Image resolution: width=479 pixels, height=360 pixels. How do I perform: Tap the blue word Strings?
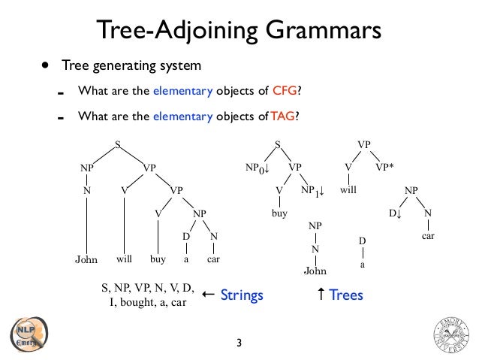[x=242, y=295]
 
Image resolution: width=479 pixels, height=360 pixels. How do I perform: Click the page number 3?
[x=239, y=343]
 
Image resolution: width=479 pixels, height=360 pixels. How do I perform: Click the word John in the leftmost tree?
[x=86, y=260]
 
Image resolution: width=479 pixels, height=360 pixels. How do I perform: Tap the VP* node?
[x=384, y=167]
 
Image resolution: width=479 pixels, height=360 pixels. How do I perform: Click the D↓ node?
[x=394, y=213]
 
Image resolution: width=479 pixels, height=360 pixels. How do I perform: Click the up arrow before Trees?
[x=321, y=295]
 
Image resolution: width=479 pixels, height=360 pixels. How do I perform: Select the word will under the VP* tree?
[x=348, y=191]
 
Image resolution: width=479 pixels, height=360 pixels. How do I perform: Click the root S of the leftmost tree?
[x=117, y=144]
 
